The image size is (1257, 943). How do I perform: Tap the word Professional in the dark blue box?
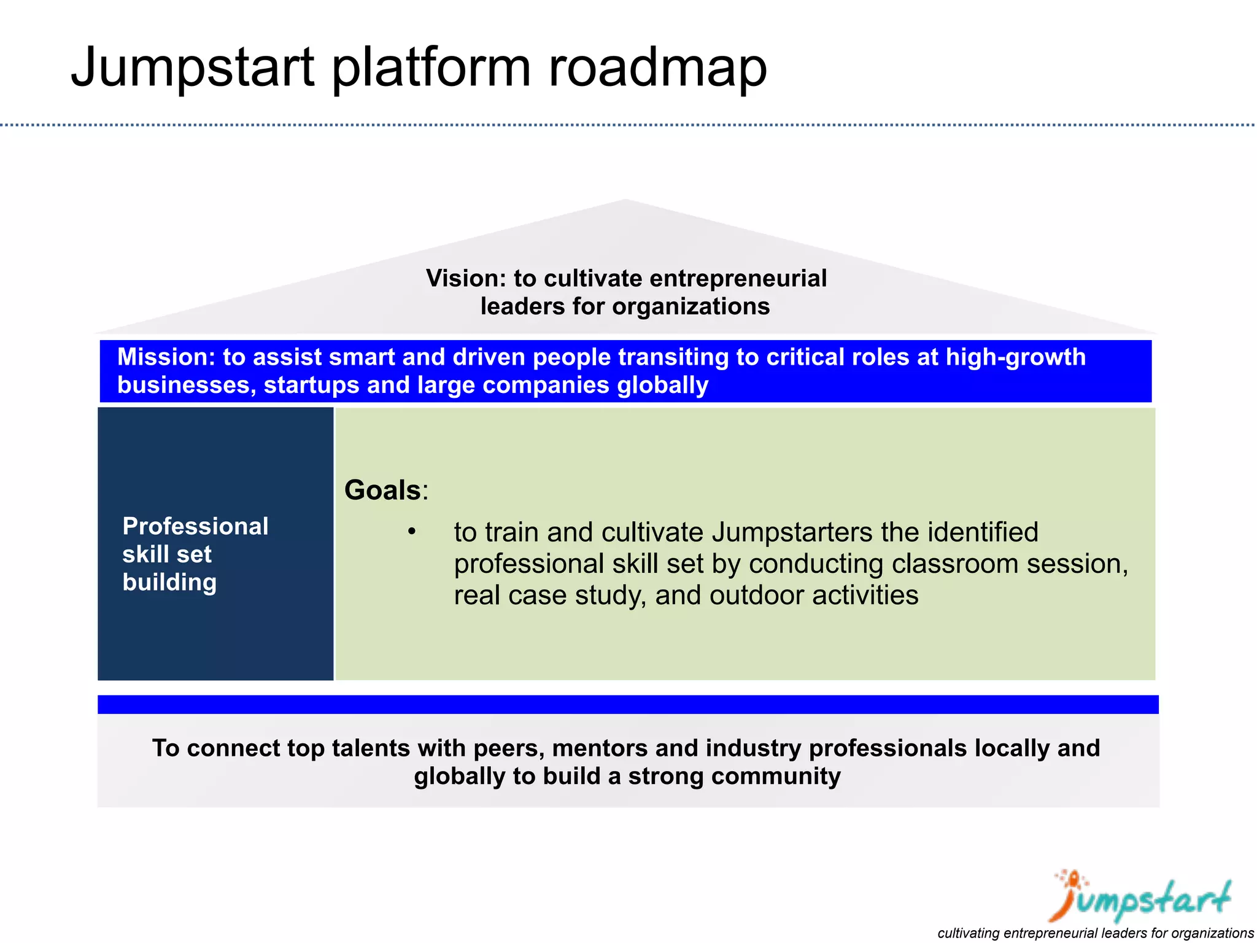pos(195,527)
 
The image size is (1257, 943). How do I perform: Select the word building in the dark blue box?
pos(169,582)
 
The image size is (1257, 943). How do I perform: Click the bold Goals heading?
pos(382,491)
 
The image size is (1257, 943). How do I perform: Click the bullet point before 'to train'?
pos(412,532)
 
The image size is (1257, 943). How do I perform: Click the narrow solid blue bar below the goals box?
pos(627,704)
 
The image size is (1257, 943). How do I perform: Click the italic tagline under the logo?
pos(1095,933)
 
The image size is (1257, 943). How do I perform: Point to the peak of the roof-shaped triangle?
pos(625,201)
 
